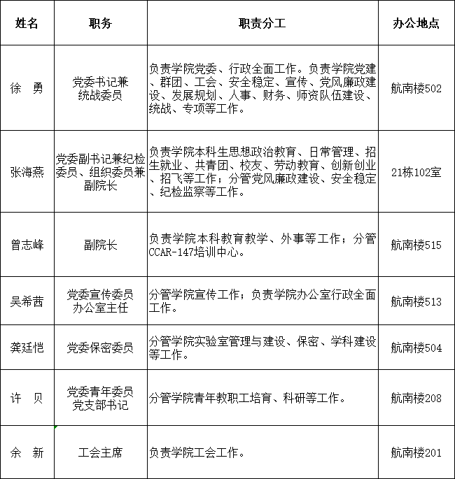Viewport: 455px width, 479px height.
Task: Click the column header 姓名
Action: pos(27,22)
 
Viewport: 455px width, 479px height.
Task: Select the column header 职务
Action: pos(100,22)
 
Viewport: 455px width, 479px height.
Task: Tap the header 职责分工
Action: pos(262,22)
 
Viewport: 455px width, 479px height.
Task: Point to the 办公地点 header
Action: pos(416,22)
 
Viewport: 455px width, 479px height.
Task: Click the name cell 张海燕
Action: pos(27,172)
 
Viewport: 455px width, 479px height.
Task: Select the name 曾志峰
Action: pos(27,245)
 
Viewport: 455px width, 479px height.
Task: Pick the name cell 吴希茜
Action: pos(27,301)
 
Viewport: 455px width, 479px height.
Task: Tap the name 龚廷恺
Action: pos(27,348)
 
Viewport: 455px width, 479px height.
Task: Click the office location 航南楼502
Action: pos(416,89)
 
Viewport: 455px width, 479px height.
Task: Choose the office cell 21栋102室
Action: pos(416,172)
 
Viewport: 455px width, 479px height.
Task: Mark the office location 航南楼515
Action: pos(416,245)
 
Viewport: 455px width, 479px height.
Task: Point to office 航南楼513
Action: pos(416,301)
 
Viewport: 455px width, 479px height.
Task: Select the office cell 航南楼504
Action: pos(416,348)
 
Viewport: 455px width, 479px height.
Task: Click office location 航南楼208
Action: pos(416,398)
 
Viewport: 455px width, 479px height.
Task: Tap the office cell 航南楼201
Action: pos(416,452)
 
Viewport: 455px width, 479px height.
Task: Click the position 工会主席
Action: pos(100,452)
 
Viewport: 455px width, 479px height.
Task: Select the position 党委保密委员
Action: pos(100,348)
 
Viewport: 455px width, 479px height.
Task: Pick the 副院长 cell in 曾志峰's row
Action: pos(100,245)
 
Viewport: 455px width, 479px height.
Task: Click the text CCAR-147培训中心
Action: pos(197,252)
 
